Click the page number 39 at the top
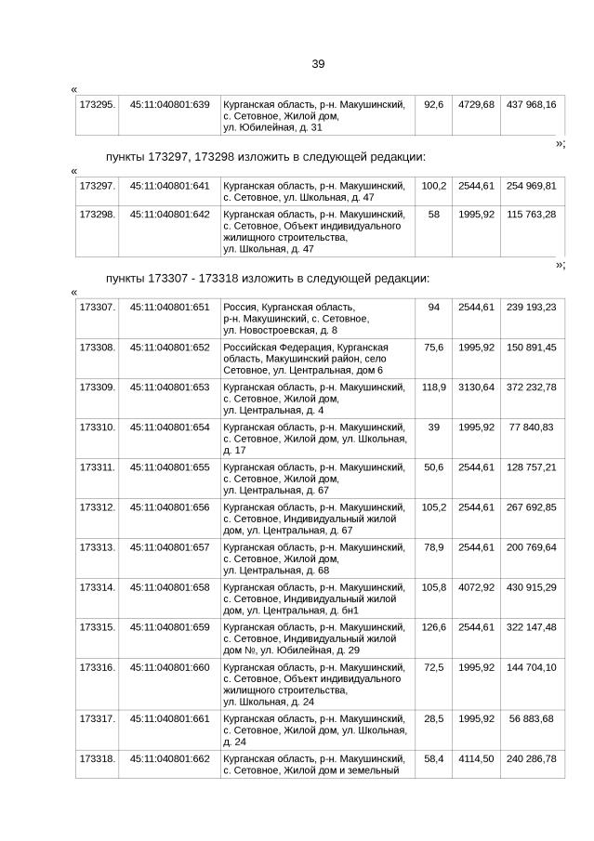tap(318, 64)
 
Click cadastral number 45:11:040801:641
tap(169, 186)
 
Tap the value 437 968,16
tap(531, 105)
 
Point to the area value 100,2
tap(433, 186)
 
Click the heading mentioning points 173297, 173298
tap(265, 157)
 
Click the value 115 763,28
tap(531, 214)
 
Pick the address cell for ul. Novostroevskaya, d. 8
tap(314, 318)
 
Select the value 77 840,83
tap(531, 427)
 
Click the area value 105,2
tap(433, 506)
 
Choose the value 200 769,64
tap(531, 547)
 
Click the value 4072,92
tap(476, 587)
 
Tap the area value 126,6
tap(433, 627)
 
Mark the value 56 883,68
tap(531, 718)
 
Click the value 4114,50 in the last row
tap(476, 758)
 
